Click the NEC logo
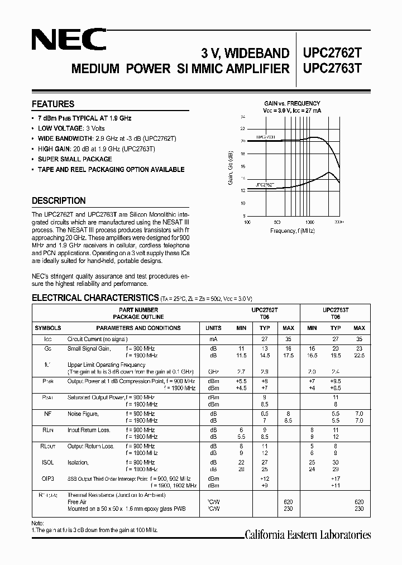click(x=69, y=40)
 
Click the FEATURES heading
click(x=53, y=104)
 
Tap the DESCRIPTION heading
click(x=59, y=201)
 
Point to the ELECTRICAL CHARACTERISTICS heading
click(x=95, y=298)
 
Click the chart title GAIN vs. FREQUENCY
click(x=292, y=103)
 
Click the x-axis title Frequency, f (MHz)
click(x=292, y=231)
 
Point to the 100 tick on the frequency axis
click(x=247, y=222)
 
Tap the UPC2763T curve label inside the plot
click(x=266, y=136)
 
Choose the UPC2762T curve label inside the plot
click(x=265, y=184)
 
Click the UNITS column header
click(x=213, y=328)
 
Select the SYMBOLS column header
click(x=48, y=328)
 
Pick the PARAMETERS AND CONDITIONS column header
click(x=132, y=328)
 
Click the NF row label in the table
click(x=48, y=414)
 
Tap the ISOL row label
click(x=48, y=462)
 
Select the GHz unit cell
click(x=213, y=371)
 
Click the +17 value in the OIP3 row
click(x=336, y=479)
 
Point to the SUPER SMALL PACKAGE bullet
click(x=75, y=160)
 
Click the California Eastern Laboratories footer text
click(x=308, y=535)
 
